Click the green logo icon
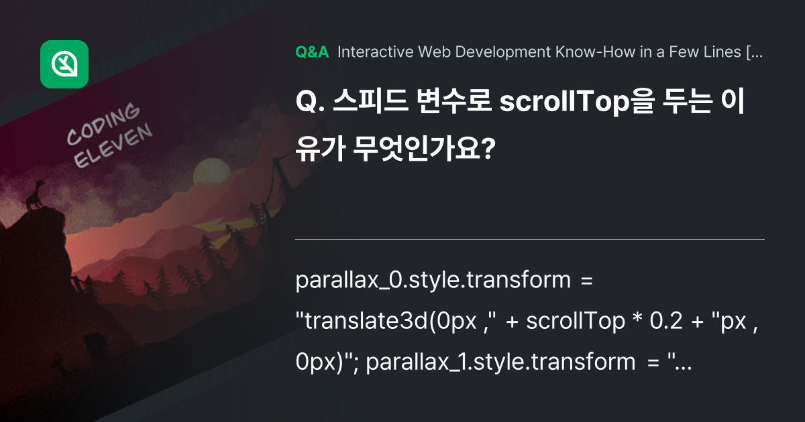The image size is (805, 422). [x=64, y=64]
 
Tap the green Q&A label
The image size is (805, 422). [x=312, y=53]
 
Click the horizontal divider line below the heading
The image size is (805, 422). [x=530, y=239]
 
